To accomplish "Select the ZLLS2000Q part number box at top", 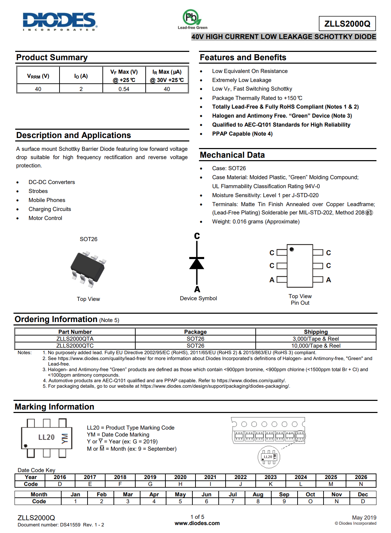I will point(347,24).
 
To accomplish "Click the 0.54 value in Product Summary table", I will point(124,89).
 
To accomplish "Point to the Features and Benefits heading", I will point(243,57).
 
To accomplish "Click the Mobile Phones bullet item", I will point(47,200).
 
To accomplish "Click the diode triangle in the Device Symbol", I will point(197,264).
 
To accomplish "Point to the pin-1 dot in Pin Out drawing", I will point(292,249).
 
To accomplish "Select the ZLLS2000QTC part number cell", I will point(75,346).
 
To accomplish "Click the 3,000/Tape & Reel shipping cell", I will point(316,339).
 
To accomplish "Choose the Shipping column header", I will point(316,332).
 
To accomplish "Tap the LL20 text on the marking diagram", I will point(46,437).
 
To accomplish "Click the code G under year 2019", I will point(150,484).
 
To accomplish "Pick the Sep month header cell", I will point(284,494).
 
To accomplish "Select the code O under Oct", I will point(310,501).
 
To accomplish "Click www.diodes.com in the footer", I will point(197,523).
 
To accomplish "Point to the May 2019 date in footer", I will point(364,517).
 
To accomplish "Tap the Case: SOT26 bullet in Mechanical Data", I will point(229,168).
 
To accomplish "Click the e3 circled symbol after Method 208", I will point(369,213).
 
